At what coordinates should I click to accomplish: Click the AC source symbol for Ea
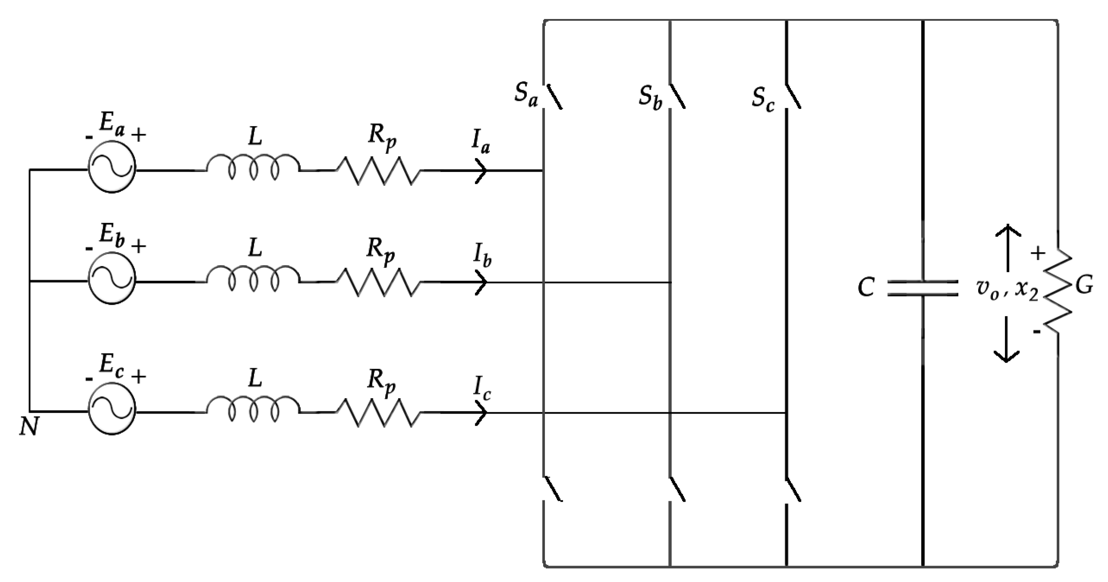112,168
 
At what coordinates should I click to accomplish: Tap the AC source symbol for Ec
112,411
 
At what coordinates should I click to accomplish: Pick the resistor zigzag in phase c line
379,412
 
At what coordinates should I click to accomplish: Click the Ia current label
480,145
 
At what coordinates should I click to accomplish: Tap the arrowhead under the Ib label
482,282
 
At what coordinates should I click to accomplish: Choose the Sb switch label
650,99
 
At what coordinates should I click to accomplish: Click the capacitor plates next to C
922,288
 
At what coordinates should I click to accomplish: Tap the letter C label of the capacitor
866,288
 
